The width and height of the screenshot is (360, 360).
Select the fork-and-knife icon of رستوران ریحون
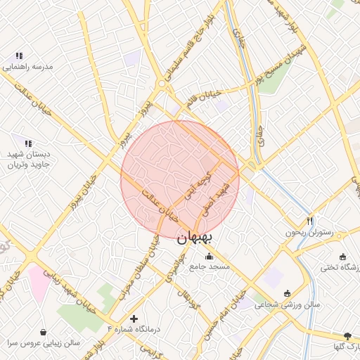coord(310,220)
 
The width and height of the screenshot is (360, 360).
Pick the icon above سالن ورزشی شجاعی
coord(287,293)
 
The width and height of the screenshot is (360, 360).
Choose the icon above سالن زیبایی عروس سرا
coord(44,332)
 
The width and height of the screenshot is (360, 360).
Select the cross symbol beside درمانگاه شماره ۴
coord(134,319)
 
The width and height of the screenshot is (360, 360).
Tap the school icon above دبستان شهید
coord(28,143)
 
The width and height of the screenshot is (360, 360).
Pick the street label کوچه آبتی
coord(198,182)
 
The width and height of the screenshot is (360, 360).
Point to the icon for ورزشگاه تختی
coord(342,257)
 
